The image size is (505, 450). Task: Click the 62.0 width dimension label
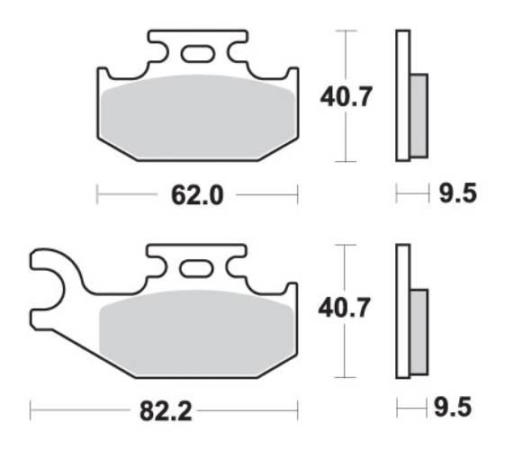pyautogui.click(x=197, y=193)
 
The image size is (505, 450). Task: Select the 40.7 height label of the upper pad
pyautogui.click(x=346, y=95)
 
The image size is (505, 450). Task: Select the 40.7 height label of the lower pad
pyautogui.click(x=345, y=310)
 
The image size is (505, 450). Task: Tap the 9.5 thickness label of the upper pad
pyautogui.click(x=455, y=193)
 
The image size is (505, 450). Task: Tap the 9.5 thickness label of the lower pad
pyautogui.click(x=455, y=410)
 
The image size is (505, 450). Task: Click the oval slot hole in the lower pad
pyautogui.click(x=196, y=268)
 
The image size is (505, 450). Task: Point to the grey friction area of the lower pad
pyautogui.click(x=196, y=329)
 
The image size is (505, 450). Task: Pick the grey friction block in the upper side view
pyautogui.click(x=419, y=113)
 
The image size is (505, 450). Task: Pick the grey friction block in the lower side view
pyautogui.click(x=419, y=328)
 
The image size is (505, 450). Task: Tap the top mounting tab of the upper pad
pyautogui.click(x=197, y=40)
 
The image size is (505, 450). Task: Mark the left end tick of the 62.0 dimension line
pyautogui.click(x=97, y=193)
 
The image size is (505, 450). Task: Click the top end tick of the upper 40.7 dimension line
pyautogui.click(x=346, y=31)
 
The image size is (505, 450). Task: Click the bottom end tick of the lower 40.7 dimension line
pyautogui.click(x=346, y=377)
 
